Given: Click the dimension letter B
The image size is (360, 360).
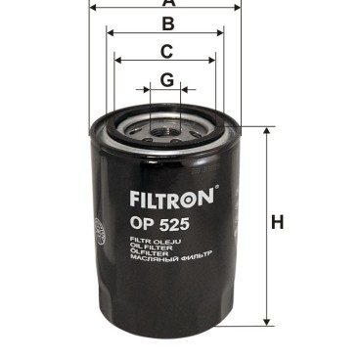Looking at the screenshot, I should (167, 23).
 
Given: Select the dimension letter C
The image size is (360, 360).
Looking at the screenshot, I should (167, 51).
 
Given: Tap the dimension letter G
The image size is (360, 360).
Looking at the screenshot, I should (167, 79).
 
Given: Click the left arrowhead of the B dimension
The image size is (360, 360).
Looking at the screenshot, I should (110, 32).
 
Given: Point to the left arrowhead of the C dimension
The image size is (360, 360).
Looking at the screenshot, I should (118, 61).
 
